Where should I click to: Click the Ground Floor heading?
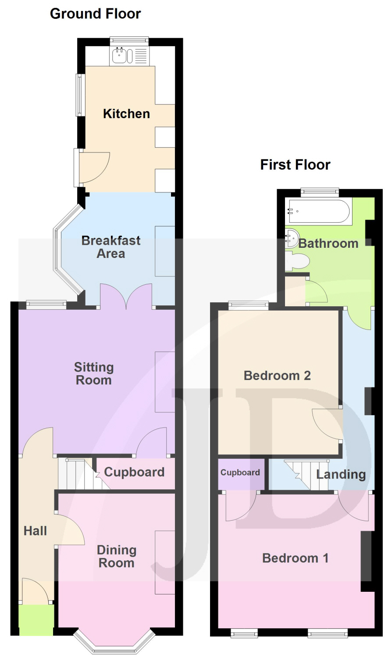(x=96, y=14)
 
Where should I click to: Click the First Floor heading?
(x=296, y=165)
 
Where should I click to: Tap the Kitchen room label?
(x=127, y=114)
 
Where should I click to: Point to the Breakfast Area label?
(x=111, y=247)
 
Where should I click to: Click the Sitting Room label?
(x=94, y=373)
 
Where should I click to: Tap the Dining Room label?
(x=117, y=556)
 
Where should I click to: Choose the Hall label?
(x=35, y=531)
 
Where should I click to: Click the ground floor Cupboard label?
(x=134, y=472)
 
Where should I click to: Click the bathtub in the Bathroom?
(x=319, y=211)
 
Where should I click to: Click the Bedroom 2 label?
(x=277, y=376)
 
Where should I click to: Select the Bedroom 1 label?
(x=296, y=558)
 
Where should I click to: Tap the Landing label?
(x=341, y=474)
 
